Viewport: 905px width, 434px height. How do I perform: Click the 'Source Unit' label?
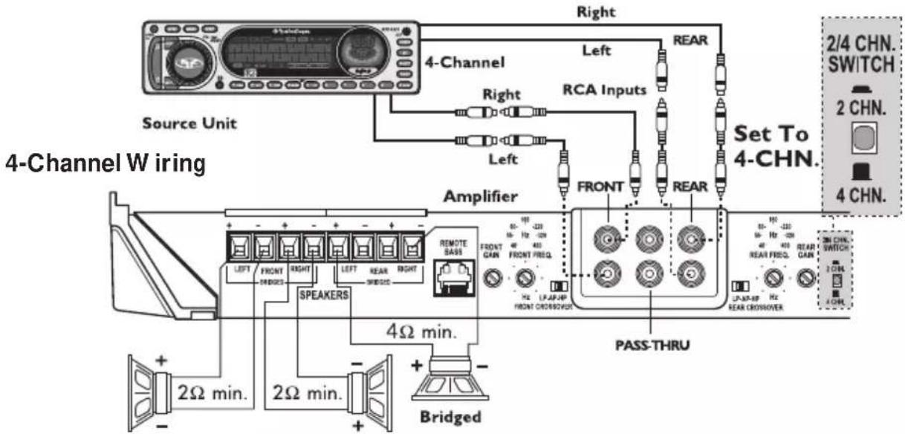tap(189, 123)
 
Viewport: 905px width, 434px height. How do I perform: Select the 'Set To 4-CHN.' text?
tap(774, 147)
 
